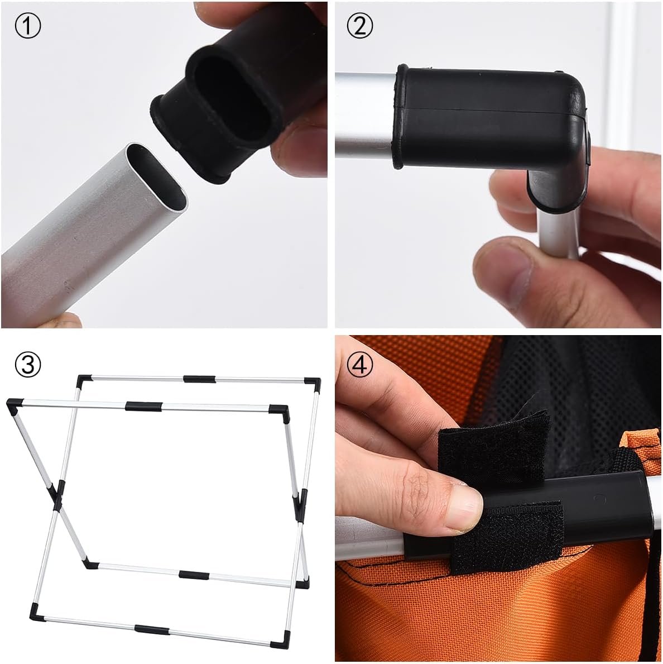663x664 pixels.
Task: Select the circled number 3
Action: tap(27, 364)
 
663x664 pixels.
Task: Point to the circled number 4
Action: tap(359, 364)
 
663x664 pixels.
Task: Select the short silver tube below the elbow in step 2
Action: tap(559, 233)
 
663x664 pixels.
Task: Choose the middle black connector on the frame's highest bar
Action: tap(199, 379)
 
